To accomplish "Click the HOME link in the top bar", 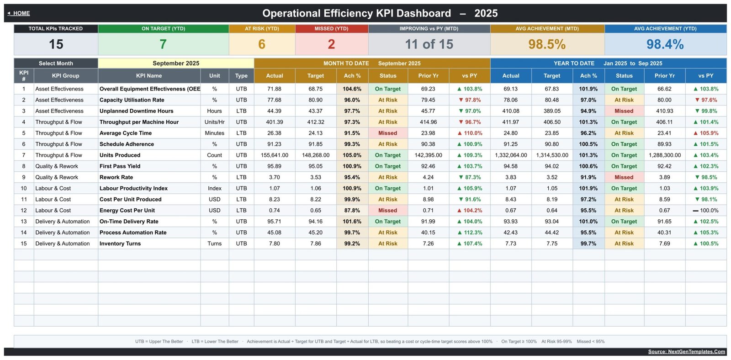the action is point(19,13).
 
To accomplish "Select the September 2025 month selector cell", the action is point(176,64).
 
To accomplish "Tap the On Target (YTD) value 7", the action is point(163,44).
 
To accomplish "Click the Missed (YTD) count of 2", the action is point(331,44).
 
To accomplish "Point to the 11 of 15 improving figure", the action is point(429,44).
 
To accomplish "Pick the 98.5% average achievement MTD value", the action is point(547,44).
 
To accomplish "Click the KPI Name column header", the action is point(149,76).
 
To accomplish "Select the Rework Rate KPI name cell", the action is point(116,177).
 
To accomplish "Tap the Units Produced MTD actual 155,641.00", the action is point(275,155).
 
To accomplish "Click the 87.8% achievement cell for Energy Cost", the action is point(352,211).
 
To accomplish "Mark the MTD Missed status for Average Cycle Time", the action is point(388,133).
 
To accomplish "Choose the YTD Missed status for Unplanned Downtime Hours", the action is point(624,111).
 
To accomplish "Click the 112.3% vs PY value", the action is point(470,233).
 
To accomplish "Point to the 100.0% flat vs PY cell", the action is point(705,211).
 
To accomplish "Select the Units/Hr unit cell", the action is point(214,122).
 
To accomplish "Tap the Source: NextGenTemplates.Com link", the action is point(686,351).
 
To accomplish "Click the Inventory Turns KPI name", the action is point(120,244).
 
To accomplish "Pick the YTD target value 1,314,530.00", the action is point(552,155).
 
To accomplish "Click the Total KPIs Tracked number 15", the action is point(56,44).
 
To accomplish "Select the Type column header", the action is point(241,76).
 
